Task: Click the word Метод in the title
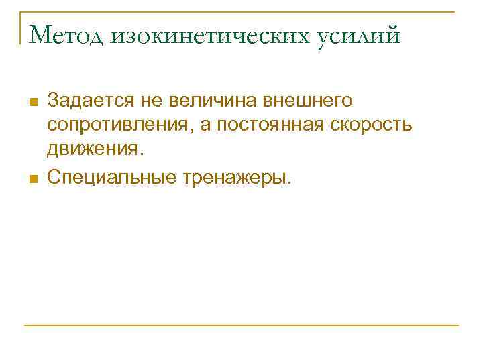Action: [64, 34]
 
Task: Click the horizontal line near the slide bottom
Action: [241, 326]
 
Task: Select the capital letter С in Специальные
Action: [54, 177]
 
